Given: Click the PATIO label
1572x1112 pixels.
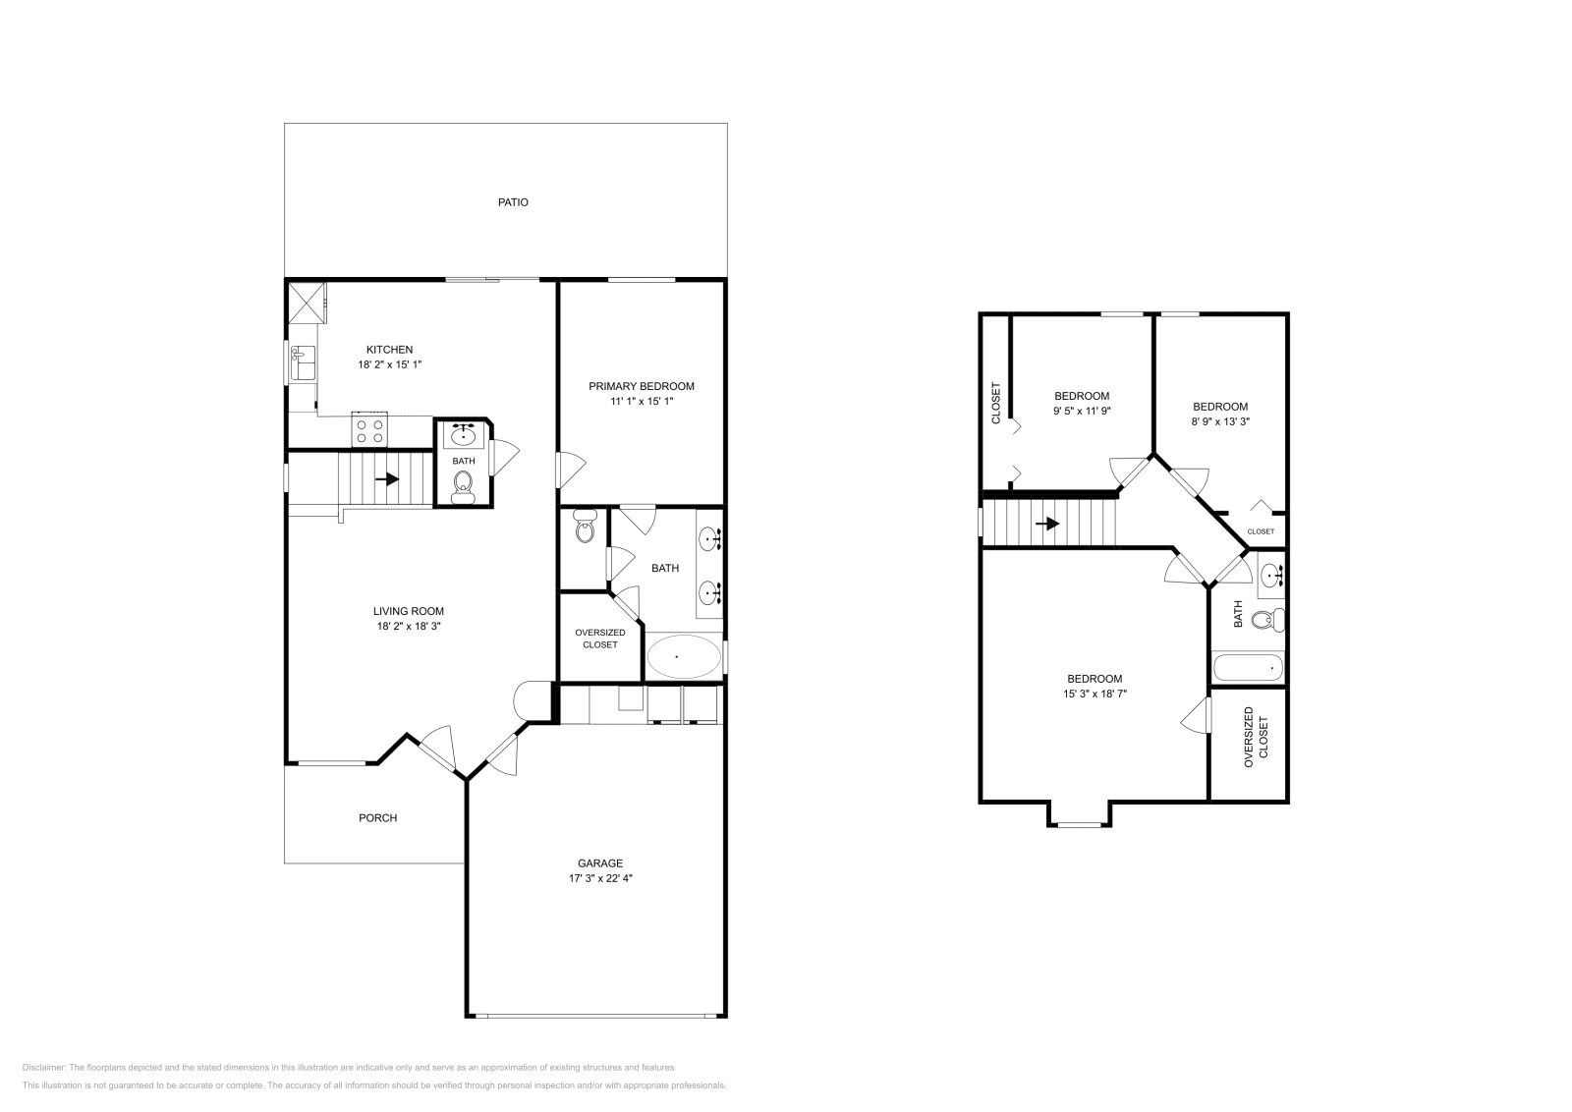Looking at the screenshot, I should click(x=512, y=202).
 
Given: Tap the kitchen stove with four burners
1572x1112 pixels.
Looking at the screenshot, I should click(x=370, y=430).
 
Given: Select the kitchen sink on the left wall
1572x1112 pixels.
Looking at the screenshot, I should click(x=303, y=362).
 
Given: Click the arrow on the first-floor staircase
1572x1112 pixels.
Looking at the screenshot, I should click(x=387, y=479).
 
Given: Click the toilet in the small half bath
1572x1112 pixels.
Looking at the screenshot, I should click(x=463, y=484).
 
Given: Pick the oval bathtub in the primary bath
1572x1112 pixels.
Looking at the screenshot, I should click(x=683, y=656).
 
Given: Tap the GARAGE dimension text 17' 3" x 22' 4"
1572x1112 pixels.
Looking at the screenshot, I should click(x=599, y=879).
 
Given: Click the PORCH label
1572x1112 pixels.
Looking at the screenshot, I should click(x=377, y=817).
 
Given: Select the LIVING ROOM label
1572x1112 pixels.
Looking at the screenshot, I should click(x=408, y=610).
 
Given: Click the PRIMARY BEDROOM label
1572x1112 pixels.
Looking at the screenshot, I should click(x=641, y=386).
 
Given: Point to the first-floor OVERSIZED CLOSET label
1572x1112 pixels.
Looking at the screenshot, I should click(x=599, y=639).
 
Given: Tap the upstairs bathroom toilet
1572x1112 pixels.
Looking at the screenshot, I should click(x=1274, y=620).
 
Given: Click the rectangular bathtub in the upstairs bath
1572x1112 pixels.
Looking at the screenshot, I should click(x=1248, y=668).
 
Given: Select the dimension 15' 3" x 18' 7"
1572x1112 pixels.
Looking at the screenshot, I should click(x=1095, y=694).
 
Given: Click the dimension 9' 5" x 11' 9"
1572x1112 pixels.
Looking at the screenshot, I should click(x=1081, y=412).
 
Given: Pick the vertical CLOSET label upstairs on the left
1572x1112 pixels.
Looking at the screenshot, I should click(x=995, y=403).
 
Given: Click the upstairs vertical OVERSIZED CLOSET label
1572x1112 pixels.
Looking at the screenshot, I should click(x=1256, y=737).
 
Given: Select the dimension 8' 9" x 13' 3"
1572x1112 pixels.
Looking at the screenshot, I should click(x=1219, y=421).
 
